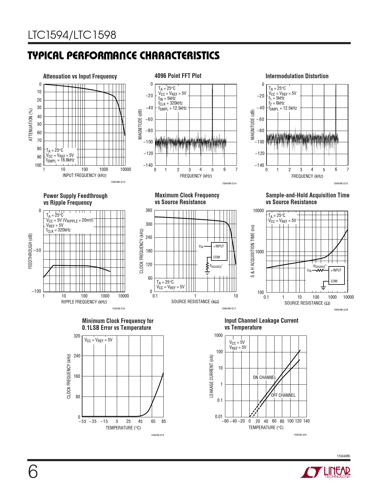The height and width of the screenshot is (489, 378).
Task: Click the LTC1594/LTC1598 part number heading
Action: click(x=72, y=35)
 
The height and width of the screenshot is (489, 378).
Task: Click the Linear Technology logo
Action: click(x=325, y=472)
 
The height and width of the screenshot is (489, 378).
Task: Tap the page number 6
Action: click(x=33, y=472)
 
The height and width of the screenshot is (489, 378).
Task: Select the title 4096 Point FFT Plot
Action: click(x=178, y=76)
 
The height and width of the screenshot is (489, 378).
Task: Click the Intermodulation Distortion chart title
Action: click(x=297, y=76)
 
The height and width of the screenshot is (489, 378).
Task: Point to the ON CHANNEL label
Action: click(x=264, y=378)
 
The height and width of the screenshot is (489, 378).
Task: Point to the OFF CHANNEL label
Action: click(x=283, y=395)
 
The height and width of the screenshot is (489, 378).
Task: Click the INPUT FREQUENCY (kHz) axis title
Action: click(x=84, y=175)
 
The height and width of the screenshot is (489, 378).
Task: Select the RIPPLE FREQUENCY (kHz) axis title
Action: click(x=84, y=302)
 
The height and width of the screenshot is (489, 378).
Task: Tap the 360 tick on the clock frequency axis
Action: click(x=149, y=210)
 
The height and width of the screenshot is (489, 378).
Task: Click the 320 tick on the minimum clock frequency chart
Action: click(x=77, y=336)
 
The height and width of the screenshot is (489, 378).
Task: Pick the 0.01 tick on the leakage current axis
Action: click(x=219, y=417)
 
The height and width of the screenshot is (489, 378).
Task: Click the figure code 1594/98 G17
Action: click(x=229, y=309)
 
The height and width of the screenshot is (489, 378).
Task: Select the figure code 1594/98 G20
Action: click(x=300, y=435)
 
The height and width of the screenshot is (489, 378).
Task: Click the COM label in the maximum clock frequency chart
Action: click(x=216, y=257)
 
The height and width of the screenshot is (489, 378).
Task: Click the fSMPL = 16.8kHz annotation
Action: click(x=60, y=160)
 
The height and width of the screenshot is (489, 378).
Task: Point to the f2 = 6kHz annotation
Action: click(x=276, y=103)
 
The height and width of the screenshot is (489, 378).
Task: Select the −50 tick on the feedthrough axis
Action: click(x=37, y=250)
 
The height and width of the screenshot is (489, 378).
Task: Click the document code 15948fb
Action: click(x=344, y=456)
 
